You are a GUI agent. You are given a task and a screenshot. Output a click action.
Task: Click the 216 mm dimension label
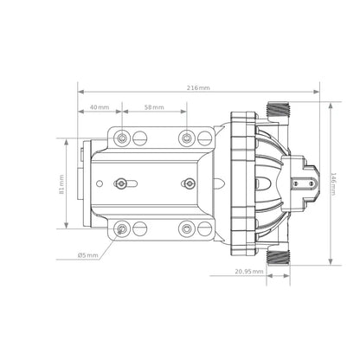tap(198, 87)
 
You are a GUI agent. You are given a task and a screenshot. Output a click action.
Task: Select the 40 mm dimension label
tap(100, 107)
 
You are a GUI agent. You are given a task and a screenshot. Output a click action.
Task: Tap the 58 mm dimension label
tap(154, 107)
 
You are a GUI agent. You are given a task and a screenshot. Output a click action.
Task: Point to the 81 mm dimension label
tap(61, 184)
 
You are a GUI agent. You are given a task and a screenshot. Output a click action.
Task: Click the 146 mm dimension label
tap(333, 184)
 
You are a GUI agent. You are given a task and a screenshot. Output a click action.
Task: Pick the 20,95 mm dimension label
tap(249, 272)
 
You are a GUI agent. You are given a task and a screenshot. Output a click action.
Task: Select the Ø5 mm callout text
tap(88, 255)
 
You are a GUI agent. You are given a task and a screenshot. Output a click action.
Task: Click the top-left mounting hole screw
tap(122, 138)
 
